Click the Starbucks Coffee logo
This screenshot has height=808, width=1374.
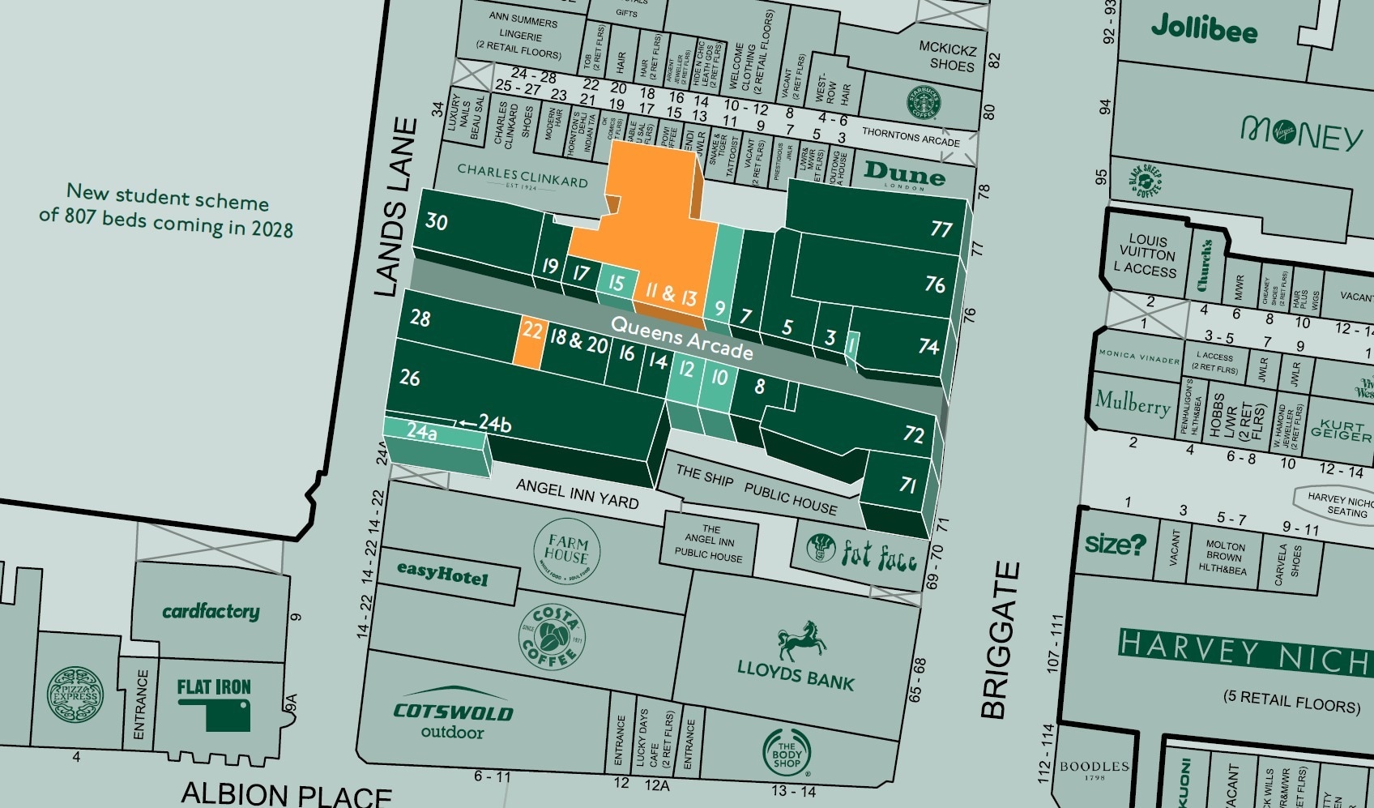coord(923,103)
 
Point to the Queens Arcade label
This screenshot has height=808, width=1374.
coord(681,337)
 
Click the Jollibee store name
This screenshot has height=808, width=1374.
coord(1204,28)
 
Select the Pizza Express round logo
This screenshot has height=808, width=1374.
coord(75,695)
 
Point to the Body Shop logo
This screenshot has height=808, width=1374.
coord(786,753)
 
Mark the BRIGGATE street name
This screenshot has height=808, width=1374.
coord(999,640)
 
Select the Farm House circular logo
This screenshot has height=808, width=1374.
coord(566,550)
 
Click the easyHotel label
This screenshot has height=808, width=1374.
coord(442,573)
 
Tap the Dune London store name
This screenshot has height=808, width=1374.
coord(904,173)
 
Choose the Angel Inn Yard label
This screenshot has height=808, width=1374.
coord(577,493)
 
